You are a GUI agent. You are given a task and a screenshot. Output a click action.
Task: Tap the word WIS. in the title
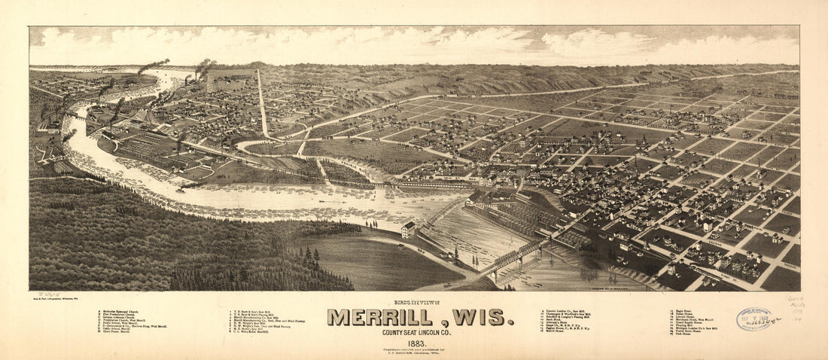479,317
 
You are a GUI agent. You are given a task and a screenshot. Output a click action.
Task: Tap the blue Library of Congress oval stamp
754,319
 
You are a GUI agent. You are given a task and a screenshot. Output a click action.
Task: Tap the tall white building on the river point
409,229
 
